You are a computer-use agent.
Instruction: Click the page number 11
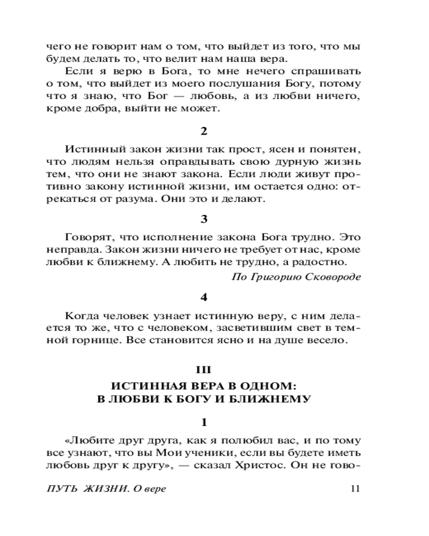pyautogui.click(x=354, y=488)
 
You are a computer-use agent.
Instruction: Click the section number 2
pyautogui.click(x=203, y=131)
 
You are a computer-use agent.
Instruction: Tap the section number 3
pyautogui.click(x=203, y=219)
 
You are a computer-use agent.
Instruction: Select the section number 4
pyautogui.click(x=203, y=296)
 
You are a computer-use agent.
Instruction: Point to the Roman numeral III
pyautogui.click(x=203, y=370)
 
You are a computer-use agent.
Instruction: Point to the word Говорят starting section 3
pyautogui.click(x=87, y=236)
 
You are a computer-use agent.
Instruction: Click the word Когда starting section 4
pyautogui.click(x=80, y=316)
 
